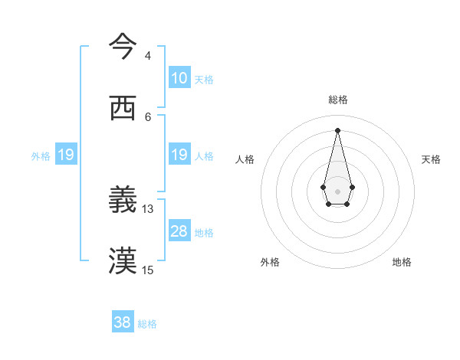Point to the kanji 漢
click(123, 261)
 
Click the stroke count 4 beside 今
click(147, 56)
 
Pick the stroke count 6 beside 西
click(147, 116)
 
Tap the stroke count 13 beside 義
click(148, 208)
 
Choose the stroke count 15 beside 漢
click(148, 270)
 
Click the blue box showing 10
click(179, 78)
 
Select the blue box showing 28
click(179, 231)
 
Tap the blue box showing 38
click(123, 322)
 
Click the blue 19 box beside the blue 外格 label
click(65, 155)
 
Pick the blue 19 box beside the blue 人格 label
click(179, 155)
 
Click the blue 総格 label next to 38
click(147, 324)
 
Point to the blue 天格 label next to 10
click(203, 80)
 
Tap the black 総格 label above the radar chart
click(337, 100)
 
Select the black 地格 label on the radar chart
click(402, 262)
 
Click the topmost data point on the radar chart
click(337, 129)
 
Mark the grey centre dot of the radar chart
click(337, 190)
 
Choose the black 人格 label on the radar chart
click(245, 159)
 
